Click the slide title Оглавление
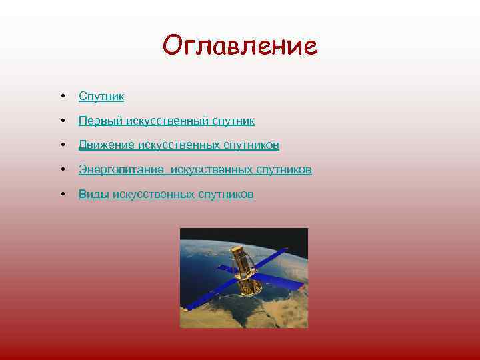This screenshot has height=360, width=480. pos(240,46)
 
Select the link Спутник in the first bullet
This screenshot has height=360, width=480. pos(101,97)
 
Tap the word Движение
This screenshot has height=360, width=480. pos(106,145)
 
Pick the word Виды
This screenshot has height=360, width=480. pos(94,194)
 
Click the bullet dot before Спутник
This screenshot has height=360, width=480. pos(61,97)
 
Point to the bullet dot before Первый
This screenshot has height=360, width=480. pos(61,121)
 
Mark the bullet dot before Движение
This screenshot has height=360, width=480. pos(61,145)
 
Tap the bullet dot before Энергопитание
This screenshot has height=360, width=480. pos(61,170)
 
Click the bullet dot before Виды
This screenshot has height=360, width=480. pos(61,194)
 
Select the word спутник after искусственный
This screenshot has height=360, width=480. pos(233,121)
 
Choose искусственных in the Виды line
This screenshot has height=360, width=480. pos(154,194)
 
